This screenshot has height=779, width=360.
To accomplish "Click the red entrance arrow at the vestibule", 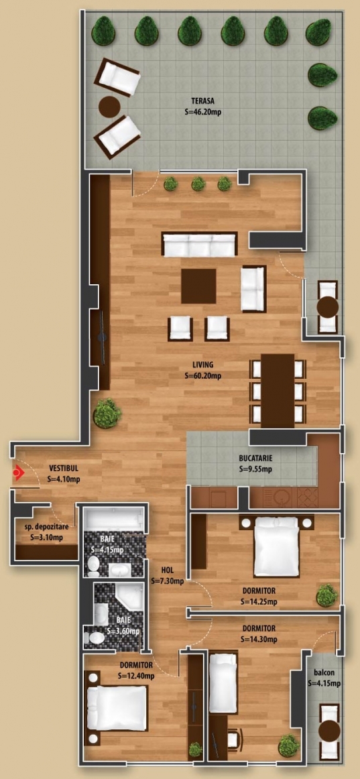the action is pyautogui.click(x=19, y=473).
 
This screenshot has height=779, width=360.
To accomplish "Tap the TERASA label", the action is pyautogui.click(x=202, y=103).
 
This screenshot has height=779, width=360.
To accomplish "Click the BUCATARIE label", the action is pyautogui.click(x=255, y=459).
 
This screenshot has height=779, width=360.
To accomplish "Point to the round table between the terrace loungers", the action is pyautogui.click(x=109, y=107).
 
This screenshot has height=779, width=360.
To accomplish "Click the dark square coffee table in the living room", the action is pyautogui.click(x=198, y=286).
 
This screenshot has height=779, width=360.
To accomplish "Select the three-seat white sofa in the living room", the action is pyautogui.click(x=200, y=245).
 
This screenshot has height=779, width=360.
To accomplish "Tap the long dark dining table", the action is pyautogui.click(x=278, y=390).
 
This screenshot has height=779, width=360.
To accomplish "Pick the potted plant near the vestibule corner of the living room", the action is pyautogui.click(x=107, y=413).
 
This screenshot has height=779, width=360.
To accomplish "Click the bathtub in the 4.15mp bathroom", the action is pyautogui.click(x=113, y=520).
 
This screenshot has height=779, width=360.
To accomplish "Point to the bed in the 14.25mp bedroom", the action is pyautogui.click(x=276, y=546).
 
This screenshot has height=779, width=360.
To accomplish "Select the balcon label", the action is pyautogui.click(x=323, y=673).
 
